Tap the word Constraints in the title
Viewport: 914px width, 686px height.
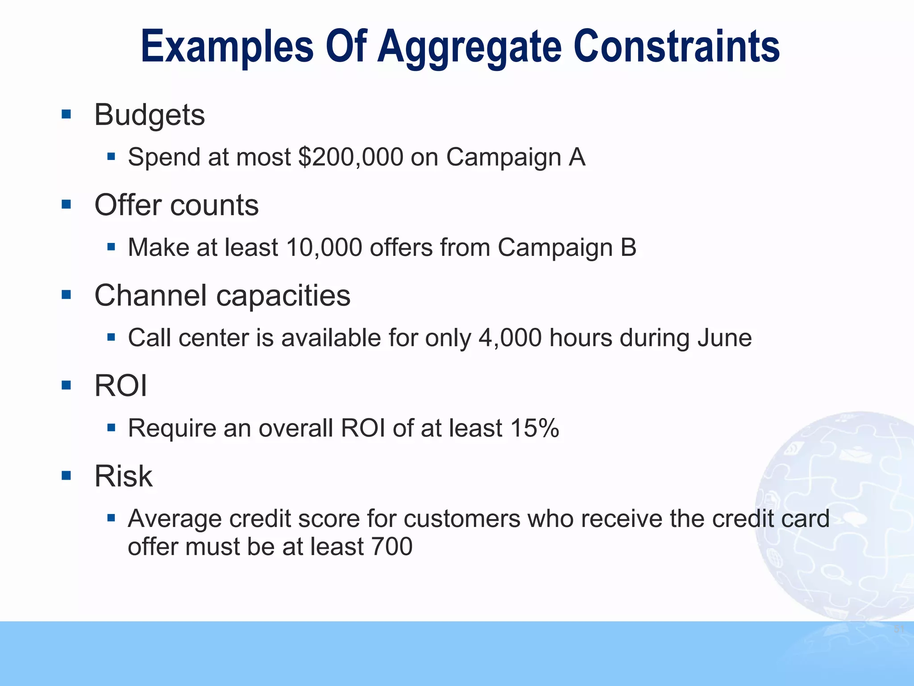click(x=677, y=46)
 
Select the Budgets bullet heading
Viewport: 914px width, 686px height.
click(x=150, y=115)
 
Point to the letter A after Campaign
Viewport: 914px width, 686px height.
click(x=577, y=157)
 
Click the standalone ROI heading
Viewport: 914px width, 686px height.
click(x=120, y=386)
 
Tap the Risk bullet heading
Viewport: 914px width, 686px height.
click(x=124, y=476)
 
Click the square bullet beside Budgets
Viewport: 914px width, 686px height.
click(x=66, y=115)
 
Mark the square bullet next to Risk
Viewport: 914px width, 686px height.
click(x=66, y=476)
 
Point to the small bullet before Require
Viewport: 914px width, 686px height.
click(x=112, y=428)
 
